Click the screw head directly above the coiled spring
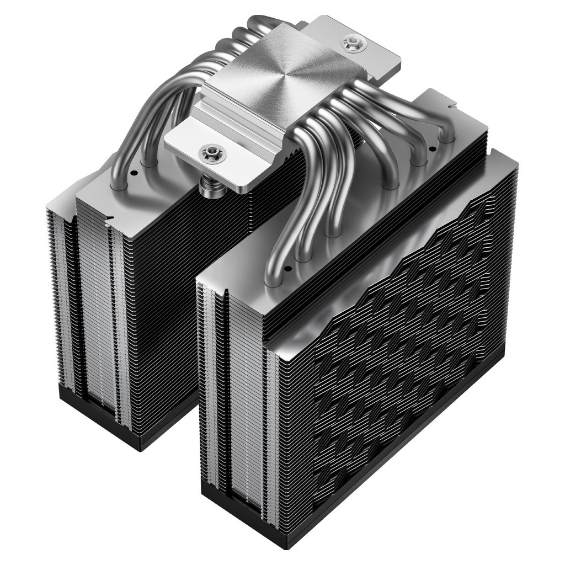point(211,151)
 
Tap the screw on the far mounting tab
point(350,42)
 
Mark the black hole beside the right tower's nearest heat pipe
point(287,269)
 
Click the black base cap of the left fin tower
point(127,419)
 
